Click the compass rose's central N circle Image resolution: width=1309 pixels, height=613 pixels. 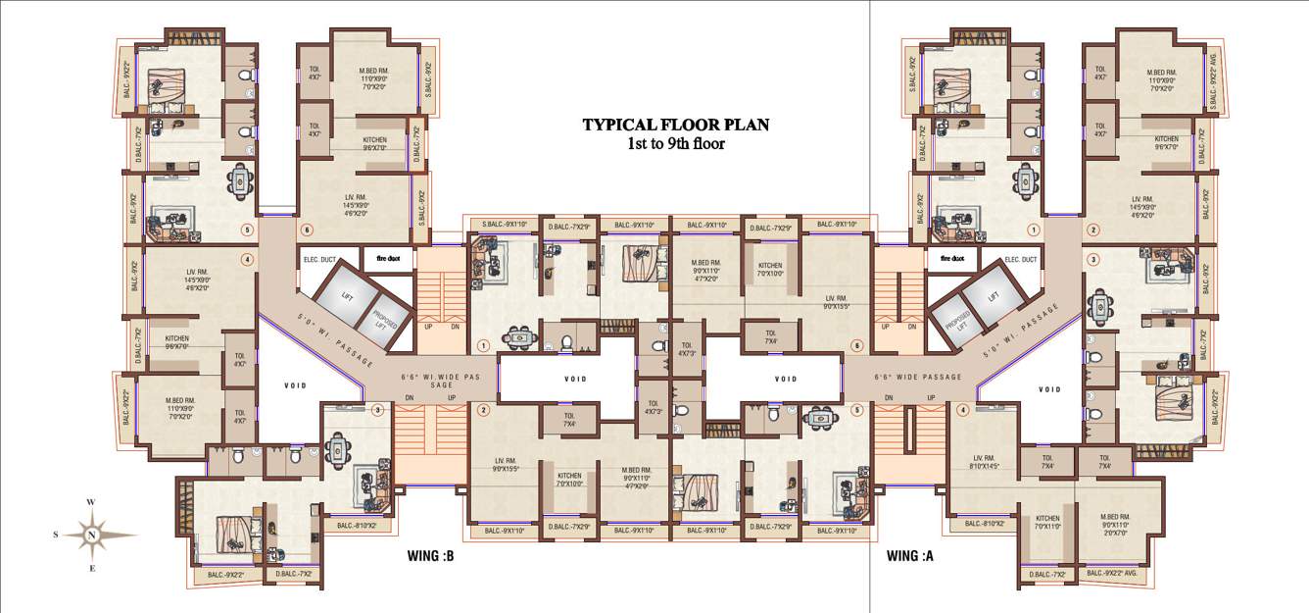coord(91,535)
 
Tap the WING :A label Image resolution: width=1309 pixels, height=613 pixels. coord(911,556)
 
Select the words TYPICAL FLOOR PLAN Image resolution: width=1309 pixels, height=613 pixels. coord(676,125)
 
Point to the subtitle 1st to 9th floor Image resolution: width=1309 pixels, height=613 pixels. coord(676,143)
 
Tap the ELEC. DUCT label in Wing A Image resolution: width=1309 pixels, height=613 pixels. coord(1022,259)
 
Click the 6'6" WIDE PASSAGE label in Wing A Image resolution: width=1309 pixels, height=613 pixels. coord(917,377)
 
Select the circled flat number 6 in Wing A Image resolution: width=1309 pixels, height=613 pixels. coord(856,345)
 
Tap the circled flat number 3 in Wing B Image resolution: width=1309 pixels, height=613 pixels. coord(377,410)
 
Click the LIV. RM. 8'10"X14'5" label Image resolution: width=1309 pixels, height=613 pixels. coord(984,463)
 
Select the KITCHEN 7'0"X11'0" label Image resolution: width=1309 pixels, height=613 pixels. coord(1047,523)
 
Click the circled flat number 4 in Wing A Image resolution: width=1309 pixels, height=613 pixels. coord(963,410)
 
